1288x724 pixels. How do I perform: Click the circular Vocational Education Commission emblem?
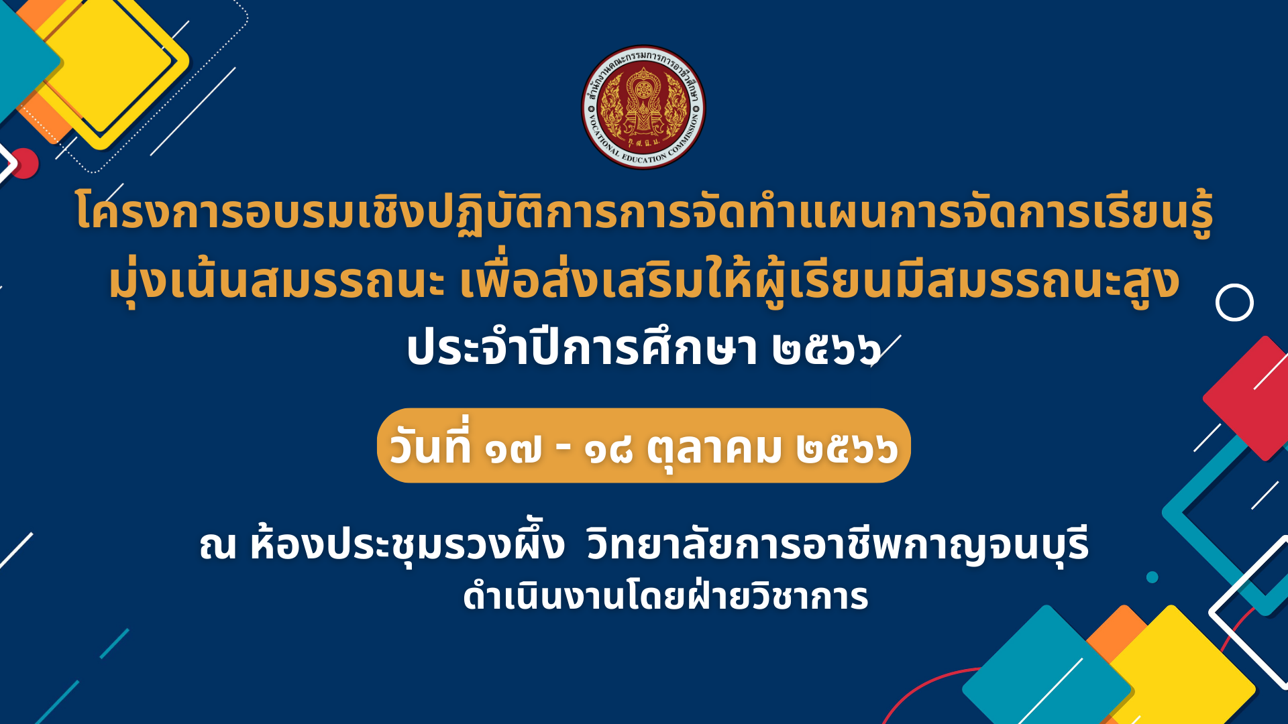(x=643, y=107)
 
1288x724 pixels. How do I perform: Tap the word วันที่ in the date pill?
(x=431, y=444)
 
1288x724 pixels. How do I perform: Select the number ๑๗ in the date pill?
(x=515, y=448)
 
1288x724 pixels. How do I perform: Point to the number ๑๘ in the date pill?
(x=608, y=448)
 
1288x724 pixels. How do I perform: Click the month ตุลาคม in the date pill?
(x=714, y=448)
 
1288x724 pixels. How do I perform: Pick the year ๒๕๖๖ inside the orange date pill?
(x=847, y=448)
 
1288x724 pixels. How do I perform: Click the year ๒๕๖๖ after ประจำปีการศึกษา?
(x=826, y=349)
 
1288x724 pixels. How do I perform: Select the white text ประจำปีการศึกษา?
(x=582, y=347)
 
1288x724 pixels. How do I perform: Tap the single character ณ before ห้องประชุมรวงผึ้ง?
(x=218, y=546)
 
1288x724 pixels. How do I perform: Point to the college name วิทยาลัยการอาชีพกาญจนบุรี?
(x=838, y=544)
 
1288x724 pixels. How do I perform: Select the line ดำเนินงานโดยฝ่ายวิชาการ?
(x=665, y=596)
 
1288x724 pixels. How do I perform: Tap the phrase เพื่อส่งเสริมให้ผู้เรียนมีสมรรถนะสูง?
(x=819, y=282)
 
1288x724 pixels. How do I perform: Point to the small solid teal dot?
(x=1152, y=577)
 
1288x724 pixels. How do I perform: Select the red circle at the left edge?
(x=25, y=163)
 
